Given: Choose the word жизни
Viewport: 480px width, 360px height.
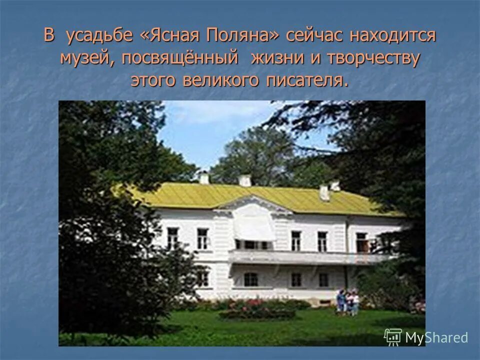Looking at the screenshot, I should coord(274,58).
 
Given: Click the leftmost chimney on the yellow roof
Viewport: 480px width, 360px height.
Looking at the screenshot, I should coord(204,177).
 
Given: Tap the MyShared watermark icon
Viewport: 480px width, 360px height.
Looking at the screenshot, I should coord(393,337).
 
